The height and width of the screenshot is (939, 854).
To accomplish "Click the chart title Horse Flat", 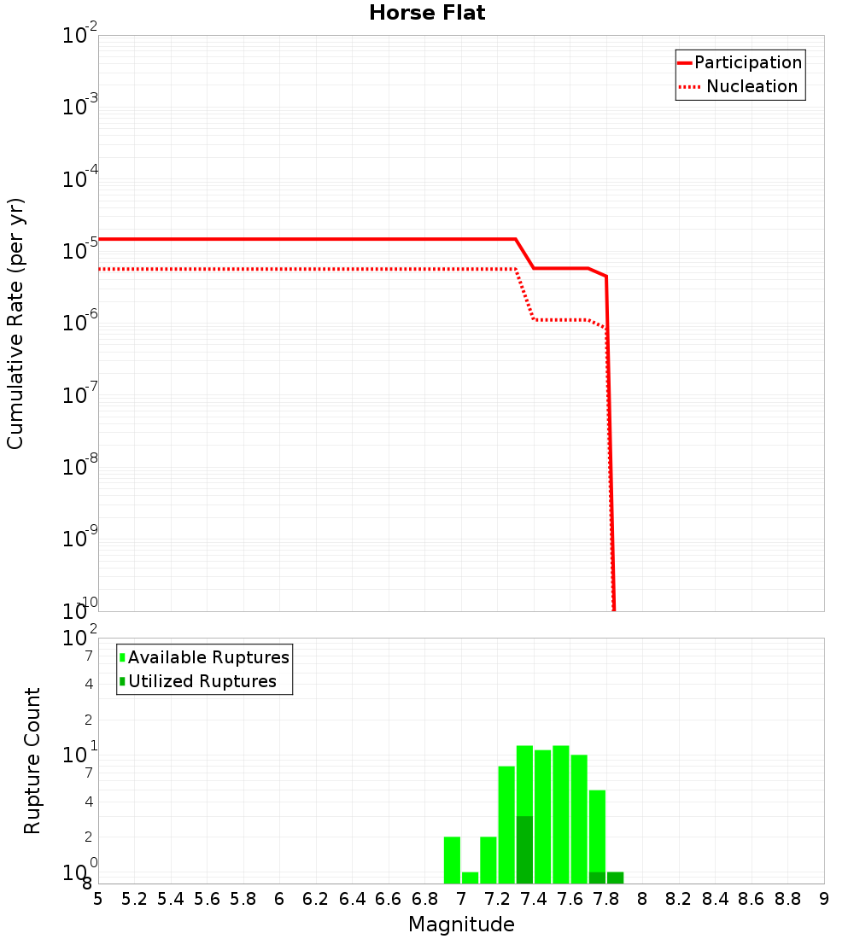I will tap(427, 14).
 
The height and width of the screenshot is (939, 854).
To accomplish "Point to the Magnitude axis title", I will tap(461, 924).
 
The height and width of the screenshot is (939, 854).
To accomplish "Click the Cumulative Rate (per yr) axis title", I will tap(15, 323).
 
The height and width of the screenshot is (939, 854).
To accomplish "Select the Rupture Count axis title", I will tap(32, 761).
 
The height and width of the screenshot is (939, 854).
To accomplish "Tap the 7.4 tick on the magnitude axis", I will tap(534, 900).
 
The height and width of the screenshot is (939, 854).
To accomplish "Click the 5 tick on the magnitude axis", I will tap(98, 900).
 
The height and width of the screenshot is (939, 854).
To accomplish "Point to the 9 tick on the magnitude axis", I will tap(824, 900).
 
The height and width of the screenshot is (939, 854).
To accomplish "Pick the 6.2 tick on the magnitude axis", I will tap(316, 900).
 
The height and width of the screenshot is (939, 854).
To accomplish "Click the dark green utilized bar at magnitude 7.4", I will tap(524, 849).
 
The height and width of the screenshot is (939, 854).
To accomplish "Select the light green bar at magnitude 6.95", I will tap(452, 860).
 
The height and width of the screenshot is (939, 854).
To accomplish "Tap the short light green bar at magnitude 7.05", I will tap(470, 878).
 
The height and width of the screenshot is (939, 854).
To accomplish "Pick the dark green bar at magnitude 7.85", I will tap(615, 878).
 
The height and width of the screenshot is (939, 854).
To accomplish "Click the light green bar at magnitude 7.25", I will tap(506, 825).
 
